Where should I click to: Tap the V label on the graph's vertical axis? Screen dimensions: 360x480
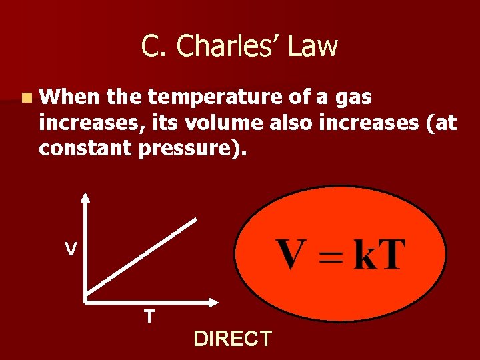click(x=70, y=249)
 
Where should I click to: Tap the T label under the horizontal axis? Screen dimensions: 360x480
click(x=149, y=316)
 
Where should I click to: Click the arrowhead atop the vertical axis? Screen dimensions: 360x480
click(x=85, y=197)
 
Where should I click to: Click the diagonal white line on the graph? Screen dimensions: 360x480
click(x=141, y=257)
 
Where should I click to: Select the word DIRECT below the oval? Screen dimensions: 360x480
click(x=233, y=339)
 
